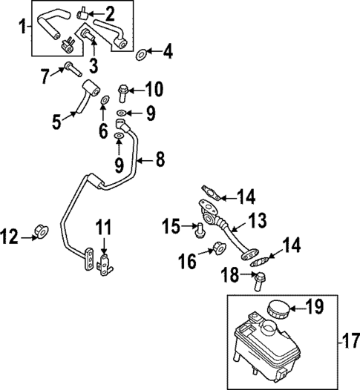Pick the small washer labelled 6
[x=105, y=99]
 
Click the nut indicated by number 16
[x=219, y=248]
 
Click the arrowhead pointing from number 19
[x=290, y=305]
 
